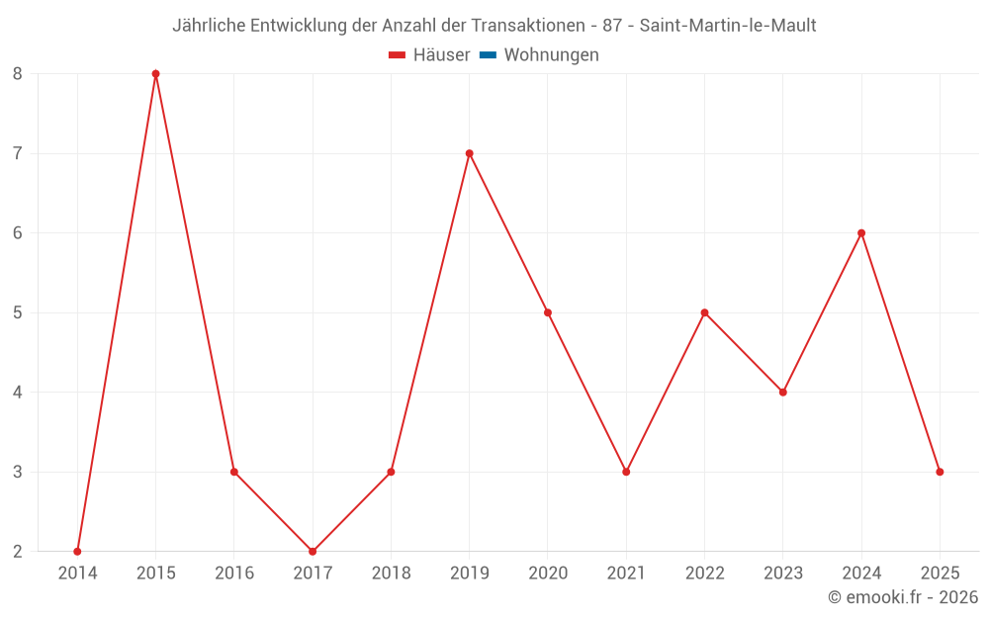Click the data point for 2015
coord(155,74)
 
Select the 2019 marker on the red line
coord(469,153)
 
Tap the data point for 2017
coord(313,551)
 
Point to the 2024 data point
coord(861,233)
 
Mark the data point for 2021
coord(626,472)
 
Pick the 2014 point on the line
coord(77,551)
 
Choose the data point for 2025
coord(940,472)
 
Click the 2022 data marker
coord(704,312)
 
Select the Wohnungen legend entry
coord(551,55)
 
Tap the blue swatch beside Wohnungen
coord(488,55)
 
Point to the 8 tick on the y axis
coord(18,74)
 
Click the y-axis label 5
coord(18,312)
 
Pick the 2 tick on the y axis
coord(18,551)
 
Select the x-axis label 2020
coord(548,574)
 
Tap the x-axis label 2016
coord(234,574)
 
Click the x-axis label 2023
coord(783,574)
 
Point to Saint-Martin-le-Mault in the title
coord(728,25)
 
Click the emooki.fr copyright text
coord(903,597)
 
